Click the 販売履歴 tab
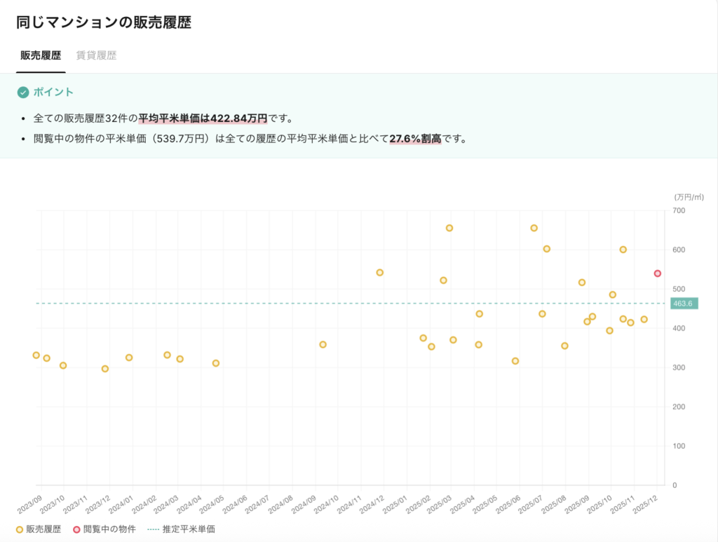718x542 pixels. pos(41,55)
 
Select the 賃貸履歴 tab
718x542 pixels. pos(96,55)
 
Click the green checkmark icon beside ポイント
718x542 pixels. pos(23,93)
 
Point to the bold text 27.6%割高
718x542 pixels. pos(416,139)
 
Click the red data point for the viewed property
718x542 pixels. pos(658,273)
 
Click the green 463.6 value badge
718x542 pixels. pos(683,304)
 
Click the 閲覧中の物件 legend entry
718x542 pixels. pos(104,529)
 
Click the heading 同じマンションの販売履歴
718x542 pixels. pos(104,22)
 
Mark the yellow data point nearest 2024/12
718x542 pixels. pos(380,272)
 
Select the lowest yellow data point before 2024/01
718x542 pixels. pos(105,369)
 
